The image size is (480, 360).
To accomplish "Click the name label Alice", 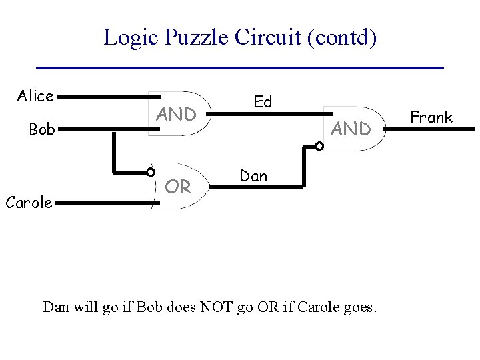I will coord(35,97).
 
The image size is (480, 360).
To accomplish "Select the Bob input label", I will coord(41,129).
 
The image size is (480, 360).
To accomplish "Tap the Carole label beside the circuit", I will coord(29,202).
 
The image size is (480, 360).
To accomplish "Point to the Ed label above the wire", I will coord(263,102).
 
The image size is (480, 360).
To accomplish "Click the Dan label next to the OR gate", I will coord(253,176).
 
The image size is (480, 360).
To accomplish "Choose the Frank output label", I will coord(431,117).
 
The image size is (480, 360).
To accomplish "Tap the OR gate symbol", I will coord(177,187).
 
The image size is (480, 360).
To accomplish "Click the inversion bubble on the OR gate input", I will coord(151,171).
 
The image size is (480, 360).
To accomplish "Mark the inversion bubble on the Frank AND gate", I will coord(320,145).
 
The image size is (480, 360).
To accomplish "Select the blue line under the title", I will coord(240,68).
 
